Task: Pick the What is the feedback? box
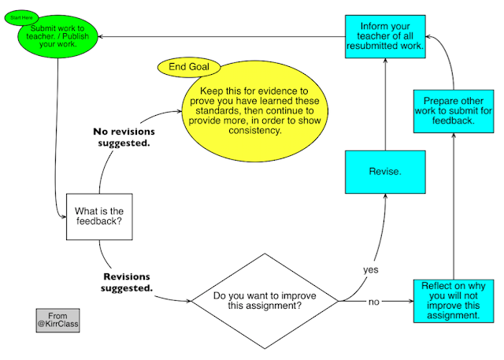(x=98, y=217)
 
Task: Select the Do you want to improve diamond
(x=262, y=301)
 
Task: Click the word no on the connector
(x=373, y=301)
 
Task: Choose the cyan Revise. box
(x=384, y=170)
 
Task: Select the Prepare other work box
(x=453, y=110)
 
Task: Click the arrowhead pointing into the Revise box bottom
(x=384, y=197)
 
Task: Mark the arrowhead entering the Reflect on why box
(x=410, y=301)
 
